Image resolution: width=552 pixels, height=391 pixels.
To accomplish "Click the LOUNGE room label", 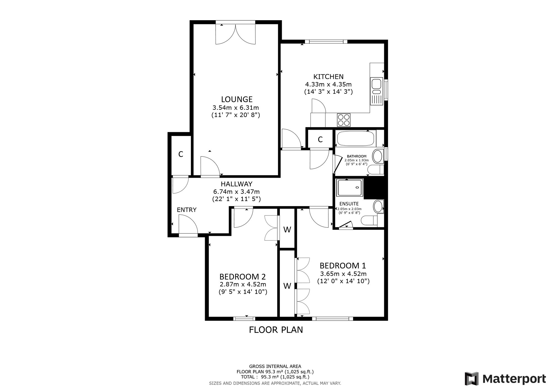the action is pos(237,99).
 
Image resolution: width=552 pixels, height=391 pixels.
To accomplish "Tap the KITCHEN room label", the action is pos(328,77).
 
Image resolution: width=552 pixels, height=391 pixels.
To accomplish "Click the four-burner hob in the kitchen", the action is pos(344,120).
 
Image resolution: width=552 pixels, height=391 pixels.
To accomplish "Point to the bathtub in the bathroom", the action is pos(356,139).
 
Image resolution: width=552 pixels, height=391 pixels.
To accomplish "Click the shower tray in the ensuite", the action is pos(350,188).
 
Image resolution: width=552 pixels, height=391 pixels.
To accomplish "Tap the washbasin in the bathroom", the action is pos(378,156).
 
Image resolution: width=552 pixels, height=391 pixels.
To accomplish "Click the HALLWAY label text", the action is pos(237,184).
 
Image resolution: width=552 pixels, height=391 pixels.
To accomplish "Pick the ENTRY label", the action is pos(187,210).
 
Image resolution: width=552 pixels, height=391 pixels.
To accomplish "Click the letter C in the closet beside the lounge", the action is pos(181,154).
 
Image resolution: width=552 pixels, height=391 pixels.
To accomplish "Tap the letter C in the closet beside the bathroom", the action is pos(320,140).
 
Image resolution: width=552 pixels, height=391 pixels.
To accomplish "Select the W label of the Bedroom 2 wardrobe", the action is pos(287,230).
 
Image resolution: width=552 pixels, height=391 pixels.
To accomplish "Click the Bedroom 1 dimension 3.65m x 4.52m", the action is pos(343,274).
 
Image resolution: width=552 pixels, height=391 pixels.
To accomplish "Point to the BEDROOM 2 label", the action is pos(243,277).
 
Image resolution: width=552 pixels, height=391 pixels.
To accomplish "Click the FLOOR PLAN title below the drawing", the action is pos(276,330).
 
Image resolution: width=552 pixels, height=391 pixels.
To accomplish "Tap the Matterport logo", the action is pos(505,379).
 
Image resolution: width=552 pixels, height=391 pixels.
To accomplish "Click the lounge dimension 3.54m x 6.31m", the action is pos(236,108).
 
